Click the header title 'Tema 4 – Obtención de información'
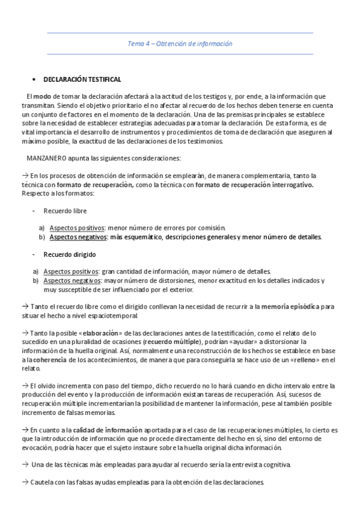tap(180, 44)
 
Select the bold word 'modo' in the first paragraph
tap(41, 96)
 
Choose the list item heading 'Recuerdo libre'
tap(65, 211)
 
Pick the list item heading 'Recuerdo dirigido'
tap(69, 254)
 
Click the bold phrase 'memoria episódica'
tap(290, 306)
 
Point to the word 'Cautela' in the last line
tap(41, 482)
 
